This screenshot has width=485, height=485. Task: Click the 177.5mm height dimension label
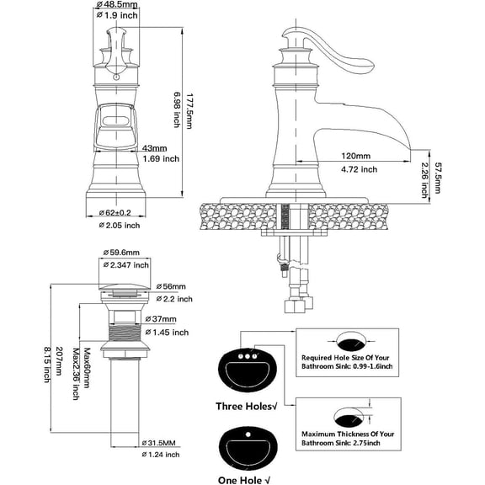click(x=189, y=111)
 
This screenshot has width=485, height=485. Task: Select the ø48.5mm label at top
click(x=117, y=4)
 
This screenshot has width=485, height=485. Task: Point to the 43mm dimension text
click(x=154, y=148)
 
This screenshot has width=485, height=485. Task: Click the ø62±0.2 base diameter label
click(x=115, y=213)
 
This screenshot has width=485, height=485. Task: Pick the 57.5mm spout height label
click(x=437, y=178)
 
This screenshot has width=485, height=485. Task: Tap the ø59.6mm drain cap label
click(x=121, y=253)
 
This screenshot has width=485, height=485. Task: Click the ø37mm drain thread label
click(x=161, y=319)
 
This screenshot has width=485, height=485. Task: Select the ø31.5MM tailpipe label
click(x=158, y=443)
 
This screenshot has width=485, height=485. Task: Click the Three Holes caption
click(x=247, y=406)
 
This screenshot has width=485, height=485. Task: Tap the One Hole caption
click(x=244, y=480)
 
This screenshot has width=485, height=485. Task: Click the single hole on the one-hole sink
click(x=248, y=434)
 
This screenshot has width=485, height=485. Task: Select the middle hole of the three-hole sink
click(x=248, y=357)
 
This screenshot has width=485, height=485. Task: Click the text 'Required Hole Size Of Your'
click(x=345, y=358)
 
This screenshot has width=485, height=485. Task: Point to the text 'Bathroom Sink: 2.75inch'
click(x=341, y=443)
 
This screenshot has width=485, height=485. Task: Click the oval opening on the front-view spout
click(x=115, y=121)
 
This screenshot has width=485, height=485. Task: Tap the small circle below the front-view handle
click(x=116, y=77)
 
